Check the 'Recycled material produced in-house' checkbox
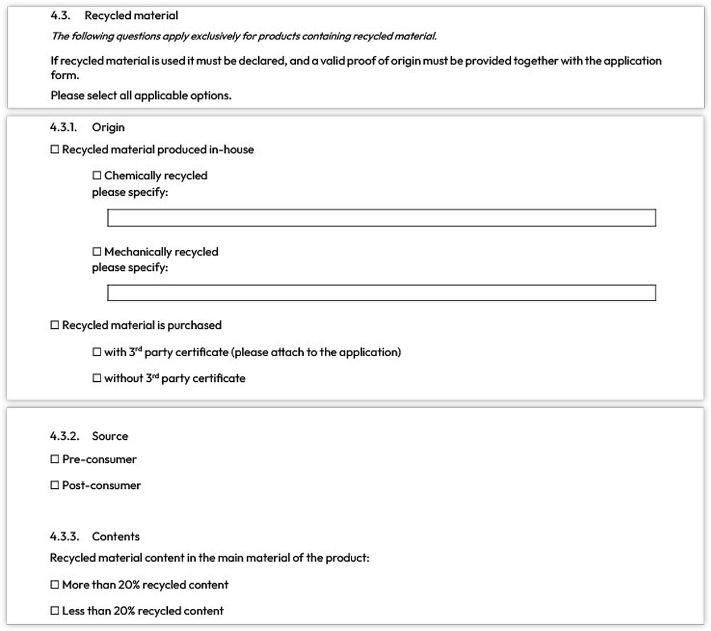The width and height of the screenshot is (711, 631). point(55,150)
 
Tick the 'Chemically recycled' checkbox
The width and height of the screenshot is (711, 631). point(97,175)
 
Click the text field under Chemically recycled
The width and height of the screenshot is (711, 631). point(381,218)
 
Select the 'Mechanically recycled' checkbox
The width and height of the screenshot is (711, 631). point(97,251)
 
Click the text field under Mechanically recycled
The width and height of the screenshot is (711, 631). point(381,293)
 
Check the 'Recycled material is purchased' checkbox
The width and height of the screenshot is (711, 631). point(55,325)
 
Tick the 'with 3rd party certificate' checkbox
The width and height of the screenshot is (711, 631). point(97,352)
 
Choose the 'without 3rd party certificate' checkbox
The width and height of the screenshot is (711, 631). point(97,378)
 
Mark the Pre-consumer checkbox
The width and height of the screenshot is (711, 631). point(55,459)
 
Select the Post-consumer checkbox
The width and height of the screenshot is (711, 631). point(55,485)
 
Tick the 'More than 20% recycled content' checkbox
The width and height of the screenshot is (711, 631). point(55,584)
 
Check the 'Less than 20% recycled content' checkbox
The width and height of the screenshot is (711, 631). point(55,611)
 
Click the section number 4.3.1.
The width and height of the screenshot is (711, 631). point(63,127)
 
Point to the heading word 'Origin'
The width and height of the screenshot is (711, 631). point(108,127)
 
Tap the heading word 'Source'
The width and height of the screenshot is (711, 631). point(110,436)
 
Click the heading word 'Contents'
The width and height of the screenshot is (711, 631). point(115,537)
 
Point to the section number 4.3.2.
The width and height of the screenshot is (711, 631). point(64,436)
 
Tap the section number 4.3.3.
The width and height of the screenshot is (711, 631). point(64,537)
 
